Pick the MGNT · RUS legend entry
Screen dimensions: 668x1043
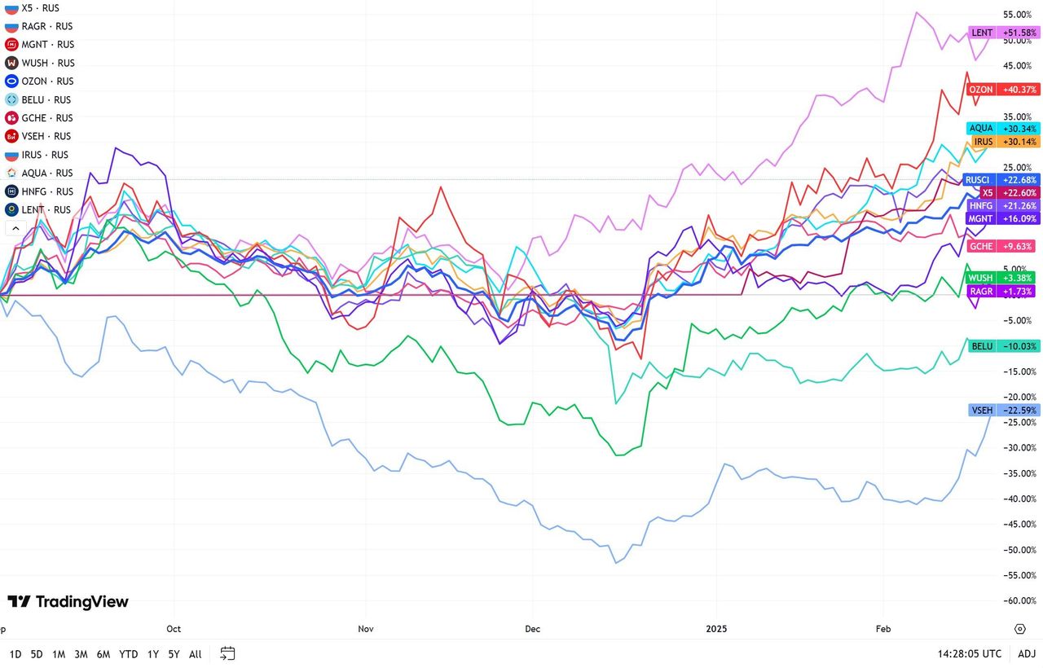pos(48,45)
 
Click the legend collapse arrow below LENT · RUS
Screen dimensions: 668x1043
pos(15,229)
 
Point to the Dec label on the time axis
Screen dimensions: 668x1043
pos(533,629)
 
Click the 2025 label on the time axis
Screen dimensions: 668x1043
pos(717,629)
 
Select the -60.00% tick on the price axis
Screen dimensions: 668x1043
pos(1020,600)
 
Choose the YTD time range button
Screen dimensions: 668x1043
pos(128,654)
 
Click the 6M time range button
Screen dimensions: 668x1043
pos(103,654)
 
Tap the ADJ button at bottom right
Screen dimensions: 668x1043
pos(1027,654)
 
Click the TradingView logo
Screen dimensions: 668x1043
pos(68,602)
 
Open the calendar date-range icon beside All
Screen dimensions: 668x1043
pos(227,653)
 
